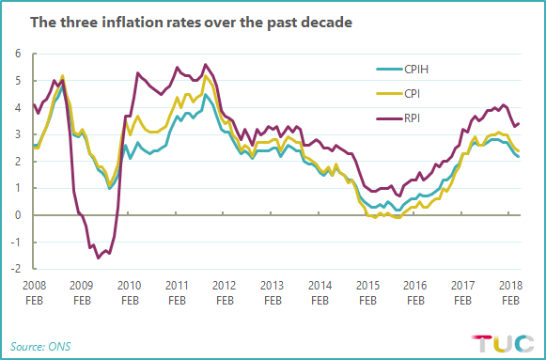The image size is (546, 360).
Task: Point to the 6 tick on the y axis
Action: tap(17, 54)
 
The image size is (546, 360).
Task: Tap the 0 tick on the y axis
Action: tap(17, 215)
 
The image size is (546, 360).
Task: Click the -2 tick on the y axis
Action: tap(15, 269)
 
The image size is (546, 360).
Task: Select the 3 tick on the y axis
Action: tap(17, 134)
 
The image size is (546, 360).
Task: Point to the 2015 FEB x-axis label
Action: tap(367, 290)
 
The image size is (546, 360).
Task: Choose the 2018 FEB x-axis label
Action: tap(510, 290)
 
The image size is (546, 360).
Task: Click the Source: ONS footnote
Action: tap(41, 346)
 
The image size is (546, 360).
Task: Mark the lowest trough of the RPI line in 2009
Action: tap(98, 257)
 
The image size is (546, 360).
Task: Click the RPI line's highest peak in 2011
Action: tap(206, 65)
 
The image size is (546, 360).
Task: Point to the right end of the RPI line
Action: tap(520, 123)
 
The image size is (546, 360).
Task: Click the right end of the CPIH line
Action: tap(520, 156)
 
